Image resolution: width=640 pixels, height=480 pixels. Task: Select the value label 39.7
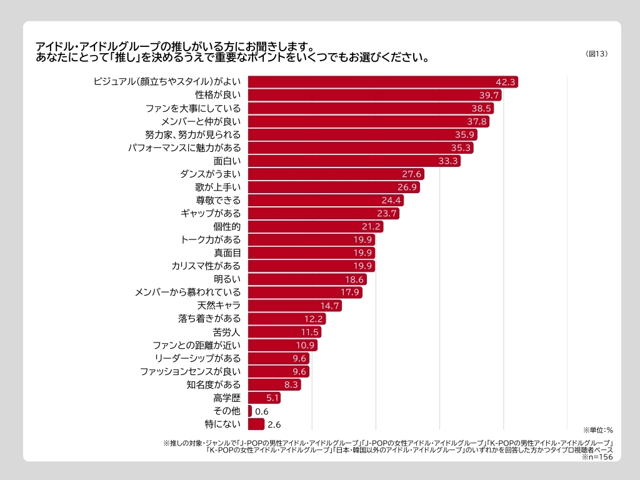click(x=489, y=95)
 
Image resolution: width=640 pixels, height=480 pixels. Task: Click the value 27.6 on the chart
click(x=412, y=174)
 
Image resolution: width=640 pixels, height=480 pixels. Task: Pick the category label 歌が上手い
click(x=214, y=187)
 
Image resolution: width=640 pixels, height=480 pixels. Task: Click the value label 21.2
click(x=371, y=226)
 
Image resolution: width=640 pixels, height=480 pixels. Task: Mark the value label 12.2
click(x=314, y=319)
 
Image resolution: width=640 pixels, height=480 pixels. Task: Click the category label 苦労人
click(x=227, y=332)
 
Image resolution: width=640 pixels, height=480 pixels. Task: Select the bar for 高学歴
click(x=256, y=397)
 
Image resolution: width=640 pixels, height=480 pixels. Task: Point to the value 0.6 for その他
click(x=262, y=411)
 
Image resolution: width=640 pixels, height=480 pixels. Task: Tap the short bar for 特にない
click(x=256, y=424)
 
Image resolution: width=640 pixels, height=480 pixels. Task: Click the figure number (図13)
click(x=597, y=54)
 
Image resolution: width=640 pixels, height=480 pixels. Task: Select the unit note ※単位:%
click(x=598, y=430)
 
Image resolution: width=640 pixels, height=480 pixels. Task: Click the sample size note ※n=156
click(x=597, y=457)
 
